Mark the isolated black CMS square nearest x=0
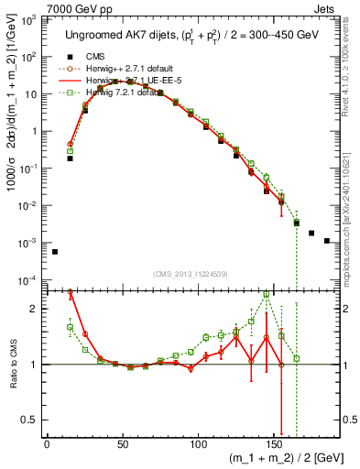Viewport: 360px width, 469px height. [x=55, y=252]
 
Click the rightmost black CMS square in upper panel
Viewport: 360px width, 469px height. [x=327, y=241]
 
